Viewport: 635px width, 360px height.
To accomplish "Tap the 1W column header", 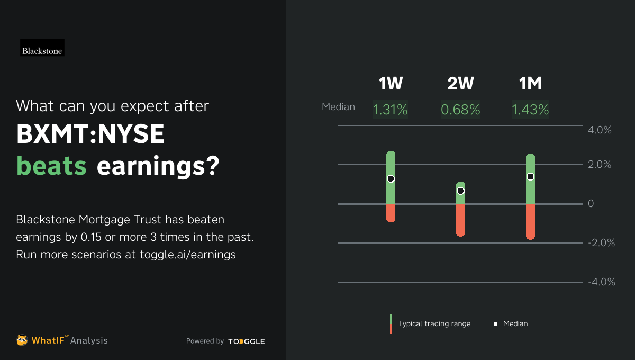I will point(391,84).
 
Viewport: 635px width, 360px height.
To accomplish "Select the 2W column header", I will point(460,84).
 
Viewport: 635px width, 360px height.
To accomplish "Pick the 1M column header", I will point(530,84).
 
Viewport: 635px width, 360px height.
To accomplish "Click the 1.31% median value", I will point(391,110).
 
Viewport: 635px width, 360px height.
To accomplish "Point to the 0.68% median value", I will point(460,110).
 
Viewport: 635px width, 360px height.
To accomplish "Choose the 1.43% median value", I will point(530,110).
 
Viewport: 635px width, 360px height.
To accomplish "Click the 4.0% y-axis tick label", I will point(600,130).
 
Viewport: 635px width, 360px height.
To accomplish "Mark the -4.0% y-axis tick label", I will point(601,282).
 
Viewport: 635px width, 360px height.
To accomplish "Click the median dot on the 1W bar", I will point(391,178).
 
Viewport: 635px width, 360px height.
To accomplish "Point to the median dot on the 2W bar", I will point(460,191).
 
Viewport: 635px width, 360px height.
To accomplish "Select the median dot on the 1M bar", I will point(530,176).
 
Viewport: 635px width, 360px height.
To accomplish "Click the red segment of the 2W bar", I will point(460,220).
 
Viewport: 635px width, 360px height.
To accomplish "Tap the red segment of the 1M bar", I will point(530,221).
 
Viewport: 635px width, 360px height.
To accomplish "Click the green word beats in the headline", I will point(51,166).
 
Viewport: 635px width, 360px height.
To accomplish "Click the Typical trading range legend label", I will point(434,323).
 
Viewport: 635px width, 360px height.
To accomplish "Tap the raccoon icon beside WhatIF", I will point(22,340).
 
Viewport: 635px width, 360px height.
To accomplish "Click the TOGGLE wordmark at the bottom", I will point(247,341).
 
